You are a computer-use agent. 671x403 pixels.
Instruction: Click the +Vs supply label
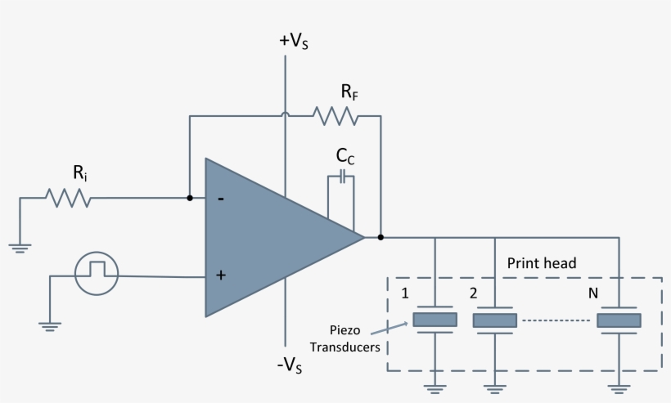point(294,42)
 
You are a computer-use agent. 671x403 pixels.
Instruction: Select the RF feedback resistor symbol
point(339,117)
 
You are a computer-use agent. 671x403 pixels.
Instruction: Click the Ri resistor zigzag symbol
point(67,198)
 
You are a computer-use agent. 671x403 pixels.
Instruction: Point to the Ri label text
point(80,172)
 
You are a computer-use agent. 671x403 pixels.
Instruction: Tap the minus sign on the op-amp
point(221,199)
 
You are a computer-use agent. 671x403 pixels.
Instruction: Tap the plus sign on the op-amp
point(220,275)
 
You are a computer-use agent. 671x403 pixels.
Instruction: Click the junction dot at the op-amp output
point(381,238)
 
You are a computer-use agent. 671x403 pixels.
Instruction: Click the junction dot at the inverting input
point(190,198)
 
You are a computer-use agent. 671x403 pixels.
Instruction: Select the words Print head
point(542,263)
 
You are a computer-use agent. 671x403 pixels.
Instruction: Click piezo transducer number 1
point(434,320)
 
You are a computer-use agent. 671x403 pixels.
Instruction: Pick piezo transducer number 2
point(495,320)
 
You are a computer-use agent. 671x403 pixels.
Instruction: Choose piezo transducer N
point(619,320)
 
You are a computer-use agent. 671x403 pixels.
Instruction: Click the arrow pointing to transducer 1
point(390,327)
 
